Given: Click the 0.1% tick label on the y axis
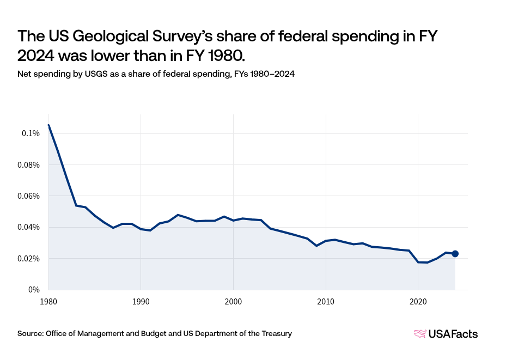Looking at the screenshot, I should pyautogui.click(x=31, y=133).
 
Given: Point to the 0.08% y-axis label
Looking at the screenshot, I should pyautogui.click(x=28, y=164).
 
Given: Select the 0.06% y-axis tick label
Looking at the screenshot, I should pyautogui.click(x=28, y=196).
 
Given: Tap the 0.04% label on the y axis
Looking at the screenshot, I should pyautogui.click(x=28, y=227).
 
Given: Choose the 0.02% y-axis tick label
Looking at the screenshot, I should pyautogui.click(x=28, y=258).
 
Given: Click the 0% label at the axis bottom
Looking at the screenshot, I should pyautogui.click(x=34, y=290).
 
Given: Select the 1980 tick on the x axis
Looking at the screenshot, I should pyautogui.click(x=48, y=300).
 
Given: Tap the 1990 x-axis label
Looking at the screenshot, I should pyautogui.click(x=141, y=300).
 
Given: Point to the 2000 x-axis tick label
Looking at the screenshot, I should pyautogui.click(x=233, y=300).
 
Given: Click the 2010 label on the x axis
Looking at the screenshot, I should pyautogui.click(x=325, y=300).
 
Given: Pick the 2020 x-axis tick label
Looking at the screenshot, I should pyautogui.click(x=418, y=300).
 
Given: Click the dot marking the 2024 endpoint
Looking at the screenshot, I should pyautogui.click(x=455, y=254).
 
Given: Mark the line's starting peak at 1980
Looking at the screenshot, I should pyautogui.click(x=48, y=125).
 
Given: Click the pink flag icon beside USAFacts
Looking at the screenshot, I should pyautogui.click(x=420, y=334).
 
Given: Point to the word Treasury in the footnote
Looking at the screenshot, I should pyautogui.click(x=276, y=333).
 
